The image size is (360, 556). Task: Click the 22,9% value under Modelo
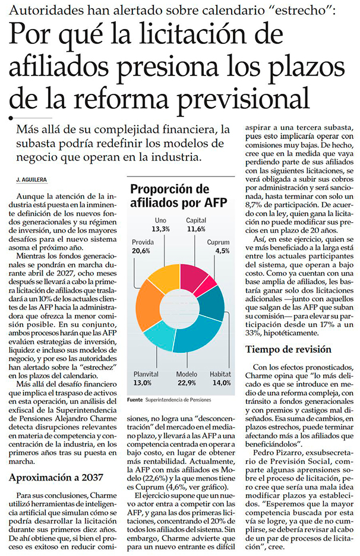[187, 383]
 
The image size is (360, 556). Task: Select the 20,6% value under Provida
[141, 251]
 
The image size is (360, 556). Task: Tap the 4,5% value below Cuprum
[223, 251]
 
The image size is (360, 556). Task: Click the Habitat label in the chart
[220, 374]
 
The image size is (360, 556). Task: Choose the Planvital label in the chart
[146, 374]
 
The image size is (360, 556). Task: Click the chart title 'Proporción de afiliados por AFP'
[178, 195]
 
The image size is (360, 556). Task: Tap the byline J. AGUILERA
[31, 180]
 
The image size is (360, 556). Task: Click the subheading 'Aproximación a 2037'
[56, 477]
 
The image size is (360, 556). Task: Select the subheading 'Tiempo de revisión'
[288, 349]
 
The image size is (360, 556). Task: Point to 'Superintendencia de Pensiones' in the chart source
[178, 400]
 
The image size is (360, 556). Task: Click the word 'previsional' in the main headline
[244, 97]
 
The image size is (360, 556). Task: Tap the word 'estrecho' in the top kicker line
[301, 11]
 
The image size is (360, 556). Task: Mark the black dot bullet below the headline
[11, 118]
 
